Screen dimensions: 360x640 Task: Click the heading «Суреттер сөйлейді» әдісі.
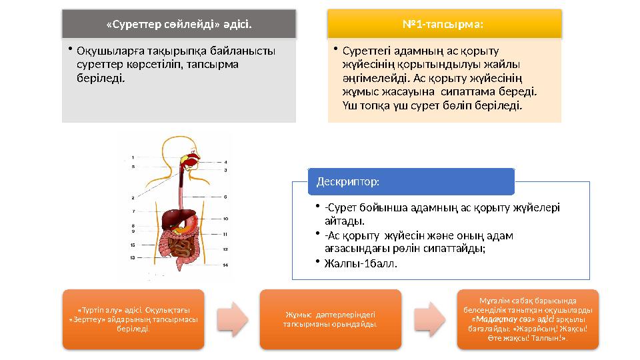pyautogui.click(x=179, y=25)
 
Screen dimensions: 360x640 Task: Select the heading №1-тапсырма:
pyautogui.click(x=443, y=25)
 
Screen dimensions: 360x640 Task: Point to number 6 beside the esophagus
pyautogui.click(x=225, y=197)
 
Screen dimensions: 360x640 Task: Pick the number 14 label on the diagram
pyautogui.click(x=225, y=265)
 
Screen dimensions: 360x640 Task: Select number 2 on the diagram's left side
pyautogui.click(x=134, y=198)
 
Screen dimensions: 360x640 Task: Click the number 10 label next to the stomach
pyautogui.click(x=225, y=219)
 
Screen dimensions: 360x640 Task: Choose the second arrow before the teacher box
pyautogui.click(x=429, y=319)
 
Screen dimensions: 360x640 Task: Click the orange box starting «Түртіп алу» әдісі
pyautogui.click(x=133, y=319)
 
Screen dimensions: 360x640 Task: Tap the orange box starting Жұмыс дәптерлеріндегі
pyautogui.click(x=330, y=319)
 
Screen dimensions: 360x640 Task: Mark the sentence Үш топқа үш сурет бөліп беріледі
pyautogui.click(x=432, y=105)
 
